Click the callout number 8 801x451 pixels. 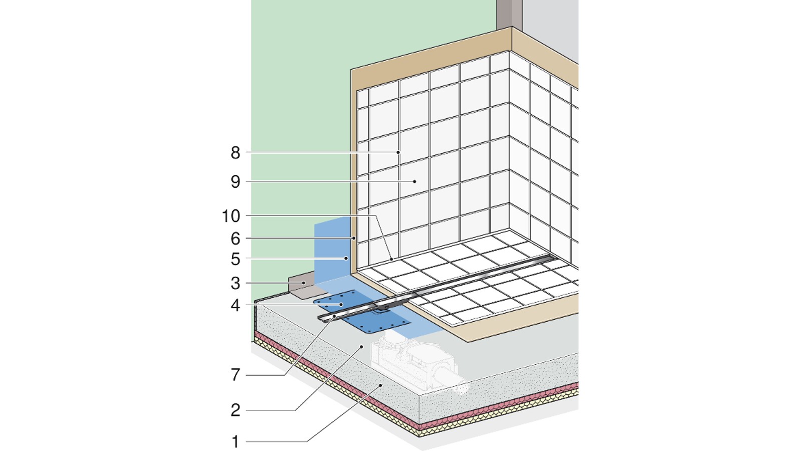(235, 153)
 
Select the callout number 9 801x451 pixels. (235, 182)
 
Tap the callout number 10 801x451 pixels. (231, 216)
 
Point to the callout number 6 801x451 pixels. (235, 239)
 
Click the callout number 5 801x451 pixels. (235, 260)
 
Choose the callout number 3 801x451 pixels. (235, 284)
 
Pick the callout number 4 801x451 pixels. (235, 305)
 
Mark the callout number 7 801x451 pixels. (235, 374)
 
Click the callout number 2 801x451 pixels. (235, 410)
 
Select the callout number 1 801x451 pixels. (235, 442)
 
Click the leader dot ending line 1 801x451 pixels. (381, 385)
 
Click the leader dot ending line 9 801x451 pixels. (415, 181)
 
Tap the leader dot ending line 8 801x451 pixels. (398, 152)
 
